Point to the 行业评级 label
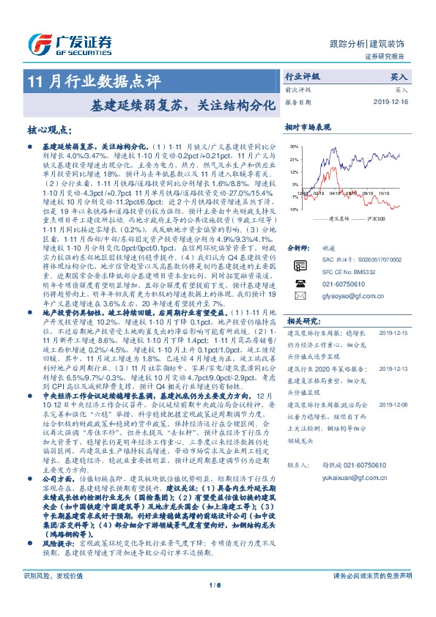coord(302,76)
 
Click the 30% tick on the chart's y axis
coord(293,147)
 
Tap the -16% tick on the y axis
coord(293,209)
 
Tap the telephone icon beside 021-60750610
coord(300,282)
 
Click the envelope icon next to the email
coord(300,295)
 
